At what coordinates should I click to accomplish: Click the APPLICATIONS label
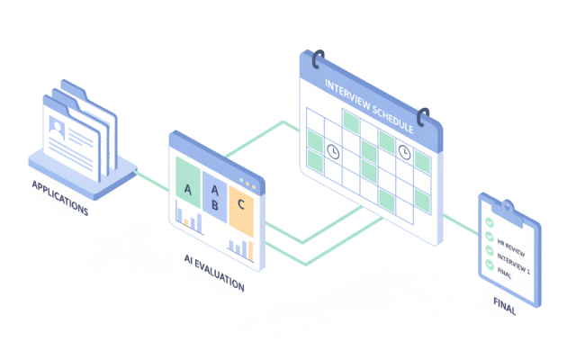(60, 198)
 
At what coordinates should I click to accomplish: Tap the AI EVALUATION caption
(214, 272)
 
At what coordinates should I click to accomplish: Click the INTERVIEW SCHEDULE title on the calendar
(369, 106)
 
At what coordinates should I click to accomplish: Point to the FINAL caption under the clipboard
(505, 306)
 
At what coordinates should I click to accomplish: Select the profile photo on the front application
(57, 128)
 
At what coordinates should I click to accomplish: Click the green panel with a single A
(188, 183)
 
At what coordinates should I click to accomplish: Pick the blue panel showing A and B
(215, 197)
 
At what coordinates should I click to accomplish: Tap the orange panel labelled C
(241, 211)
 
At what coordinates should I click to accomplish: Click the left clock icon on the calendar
(333, 151)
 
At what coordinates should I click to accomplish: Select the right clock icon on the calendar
(404, 152)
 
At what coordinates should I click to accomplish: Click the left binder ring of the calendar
(317, 59)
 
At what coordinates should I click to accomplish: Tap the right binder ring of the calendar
(422, 117)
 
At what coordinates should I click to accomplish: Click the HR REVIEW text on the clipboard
(511, 248)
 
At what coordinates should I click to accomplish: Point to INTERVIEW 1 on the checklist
(514, 264)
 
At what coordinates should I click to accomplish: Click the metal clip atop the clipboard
(508, 212)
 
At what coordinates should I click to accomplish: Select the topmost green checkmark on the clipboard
(490, 222)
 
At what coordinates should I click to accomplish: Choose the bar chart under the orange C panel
(240, 249)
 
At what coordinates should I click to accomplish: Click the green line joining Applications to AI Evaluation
(152, 181)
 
